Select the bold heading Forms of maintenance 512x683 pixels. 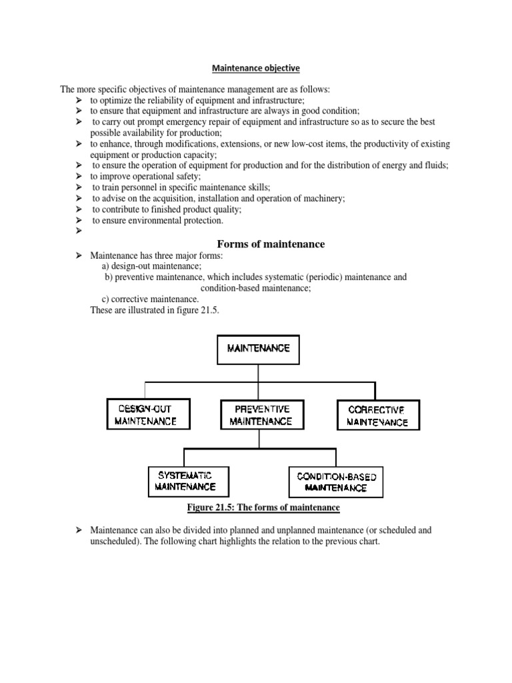coord(271,244)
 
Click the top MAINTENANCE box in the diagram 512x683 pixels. coord(259,349)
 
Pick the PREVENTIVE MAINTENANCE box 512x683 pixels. coord(262,414)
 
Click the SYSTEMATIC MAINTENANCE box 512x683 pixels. coord(185,481)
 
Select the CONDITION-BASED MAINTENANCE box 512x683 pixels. coord(336,482)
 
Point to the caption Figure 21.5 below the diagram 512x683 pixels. coord(263,508)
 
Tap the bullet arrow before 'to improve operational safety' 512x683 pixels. coord(78,177)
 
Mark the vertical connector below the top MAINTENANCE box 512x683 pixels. coord(259,373)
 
